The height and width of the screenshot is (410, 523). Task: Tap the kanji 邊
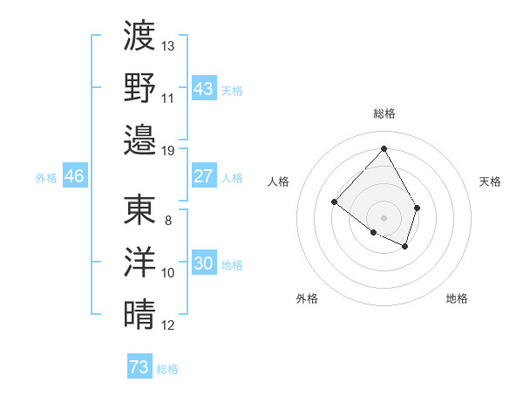[x=139, y=138]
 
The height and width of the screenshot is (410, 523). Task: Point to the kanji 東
[x=139, y=209]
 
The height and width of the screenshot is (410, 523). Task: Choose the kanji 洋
[x=139, y=261]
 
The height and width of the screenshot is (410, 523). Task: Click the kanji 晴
[x=139, y=312]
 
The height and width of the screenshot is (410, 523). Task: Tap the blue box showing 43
[x=203, y=89]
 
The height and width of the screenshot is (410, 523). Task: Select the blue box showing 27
[x=203, y=176]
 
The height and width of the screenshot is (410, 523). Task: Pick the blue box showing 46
[x=75, y=176]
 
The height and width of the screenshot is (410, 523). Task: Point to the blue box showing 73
[x=139, y=367]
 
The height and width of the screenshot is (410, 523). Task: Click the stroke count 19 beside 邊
[x=168, y=150]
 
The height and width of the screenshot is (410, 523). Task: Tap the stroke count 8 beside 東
[x=168, y=221]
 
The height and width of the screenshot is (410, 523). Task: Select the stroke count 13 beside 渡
[x=168, y=45]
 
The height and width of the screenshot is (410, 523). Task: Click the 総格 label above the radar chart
[x=384, y=113]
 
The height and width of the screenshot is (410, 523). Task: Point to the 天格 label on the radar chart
[x=491, y=181]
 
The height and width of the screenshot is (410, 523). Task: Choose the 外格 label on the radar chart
[x=307, y=298]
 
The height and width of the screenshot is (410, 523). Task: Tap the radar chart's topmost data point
[x=384, y=147]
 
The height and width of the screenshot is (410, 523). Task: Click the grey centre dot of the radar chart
[x=384, y=217]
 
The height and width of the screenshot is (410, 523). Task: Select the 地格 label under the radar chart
[x=457, y=298]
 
